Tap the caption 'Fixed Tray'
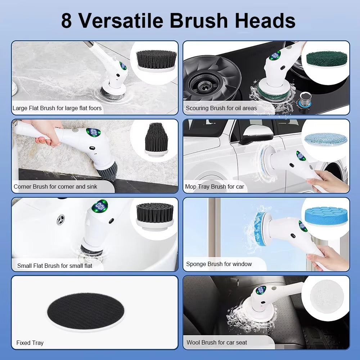(30, 343)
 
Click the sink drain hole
(61, 219)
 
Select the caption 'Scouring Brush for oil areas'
(221, 108)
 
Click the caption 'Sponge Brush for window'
(219, 264)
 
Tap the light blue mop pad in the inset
(325, 139)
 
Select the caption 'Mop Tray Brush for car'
(214, 186)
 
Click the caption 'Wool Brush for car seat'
(217, 342)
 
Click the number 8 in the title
(66, 21)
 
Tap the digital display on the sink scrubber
(100, 207)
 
